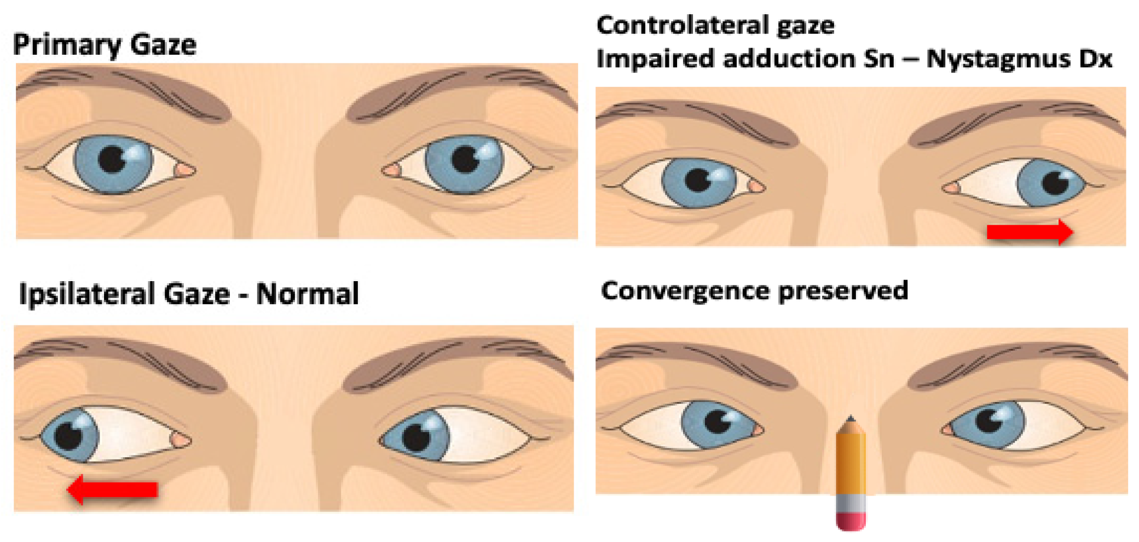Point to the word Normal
click(307, 294)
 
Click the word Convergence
click(685, 291)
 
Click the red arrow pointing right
click(1029, 232)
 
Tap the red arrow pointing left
click(113, 489)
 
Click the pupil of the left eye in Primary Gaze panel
click(112, 159)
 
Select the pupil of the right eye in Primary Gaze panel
click(466, 159)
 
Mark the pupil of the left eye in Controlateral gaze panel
click(698, 179)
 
